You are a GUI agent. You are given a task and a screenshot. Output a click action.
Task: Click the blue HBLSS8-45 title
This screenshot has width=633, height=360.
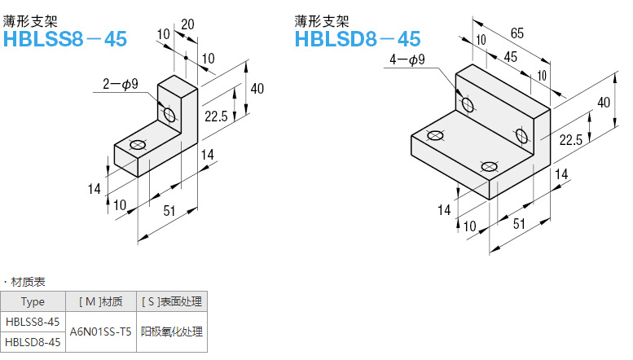tap(66, 38)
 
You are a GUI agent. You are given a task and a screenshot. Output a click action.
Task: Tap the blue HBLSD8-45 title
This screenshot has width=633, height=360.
tap(358, 38)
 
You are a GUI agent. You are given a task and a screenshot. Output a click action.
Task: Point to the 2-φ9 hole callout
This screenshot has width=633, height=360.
tap(122, 82)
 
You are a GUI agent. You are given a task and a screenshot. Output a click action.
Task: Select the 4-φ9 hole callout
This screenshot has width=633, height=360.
tap(408, 59)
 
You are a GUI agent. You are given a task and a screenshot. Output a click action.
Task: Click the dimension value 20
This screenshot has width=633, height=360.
tap(187, 25)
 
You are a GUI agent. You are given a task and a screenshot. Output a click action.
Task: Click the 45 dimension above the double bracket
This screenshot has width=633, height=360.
tap(510, 56)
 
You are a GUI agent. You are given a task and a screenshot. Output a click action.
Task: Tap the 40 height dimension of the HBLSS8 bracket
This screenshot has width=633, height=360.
tap(257, 89)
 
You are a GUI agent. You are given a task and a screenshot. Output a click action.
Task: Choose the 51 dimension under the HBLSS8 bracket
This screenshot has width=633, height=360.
tap(169, 211)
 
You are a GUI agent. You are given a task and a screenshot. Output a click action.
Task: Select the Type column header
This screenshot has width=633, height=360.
tap(33, 301)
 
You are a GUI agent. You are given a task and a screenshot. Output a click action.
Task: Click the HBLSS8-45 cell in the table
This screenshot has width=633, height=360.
tap(33, 322)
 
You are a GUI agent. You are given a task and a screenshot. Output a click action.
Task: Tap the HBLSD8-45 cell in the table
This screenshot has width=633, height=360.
tap(33, 342)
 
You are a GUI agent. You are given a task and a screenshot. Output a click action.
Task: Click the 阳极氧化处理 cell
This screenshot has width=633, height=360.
tap(171, 332)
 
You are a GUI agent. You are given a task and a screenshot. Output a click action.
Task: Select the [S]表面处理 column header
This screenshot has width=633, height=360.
tap(171, 301)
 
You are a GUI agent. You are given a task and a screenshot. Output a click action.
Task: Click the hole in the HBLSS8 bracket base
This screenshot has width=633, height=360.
tap(137, 146)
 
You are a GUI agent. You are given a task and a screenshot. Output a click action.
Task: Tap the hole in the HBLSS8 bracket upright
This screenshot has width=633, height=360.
tap(169, 114)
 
